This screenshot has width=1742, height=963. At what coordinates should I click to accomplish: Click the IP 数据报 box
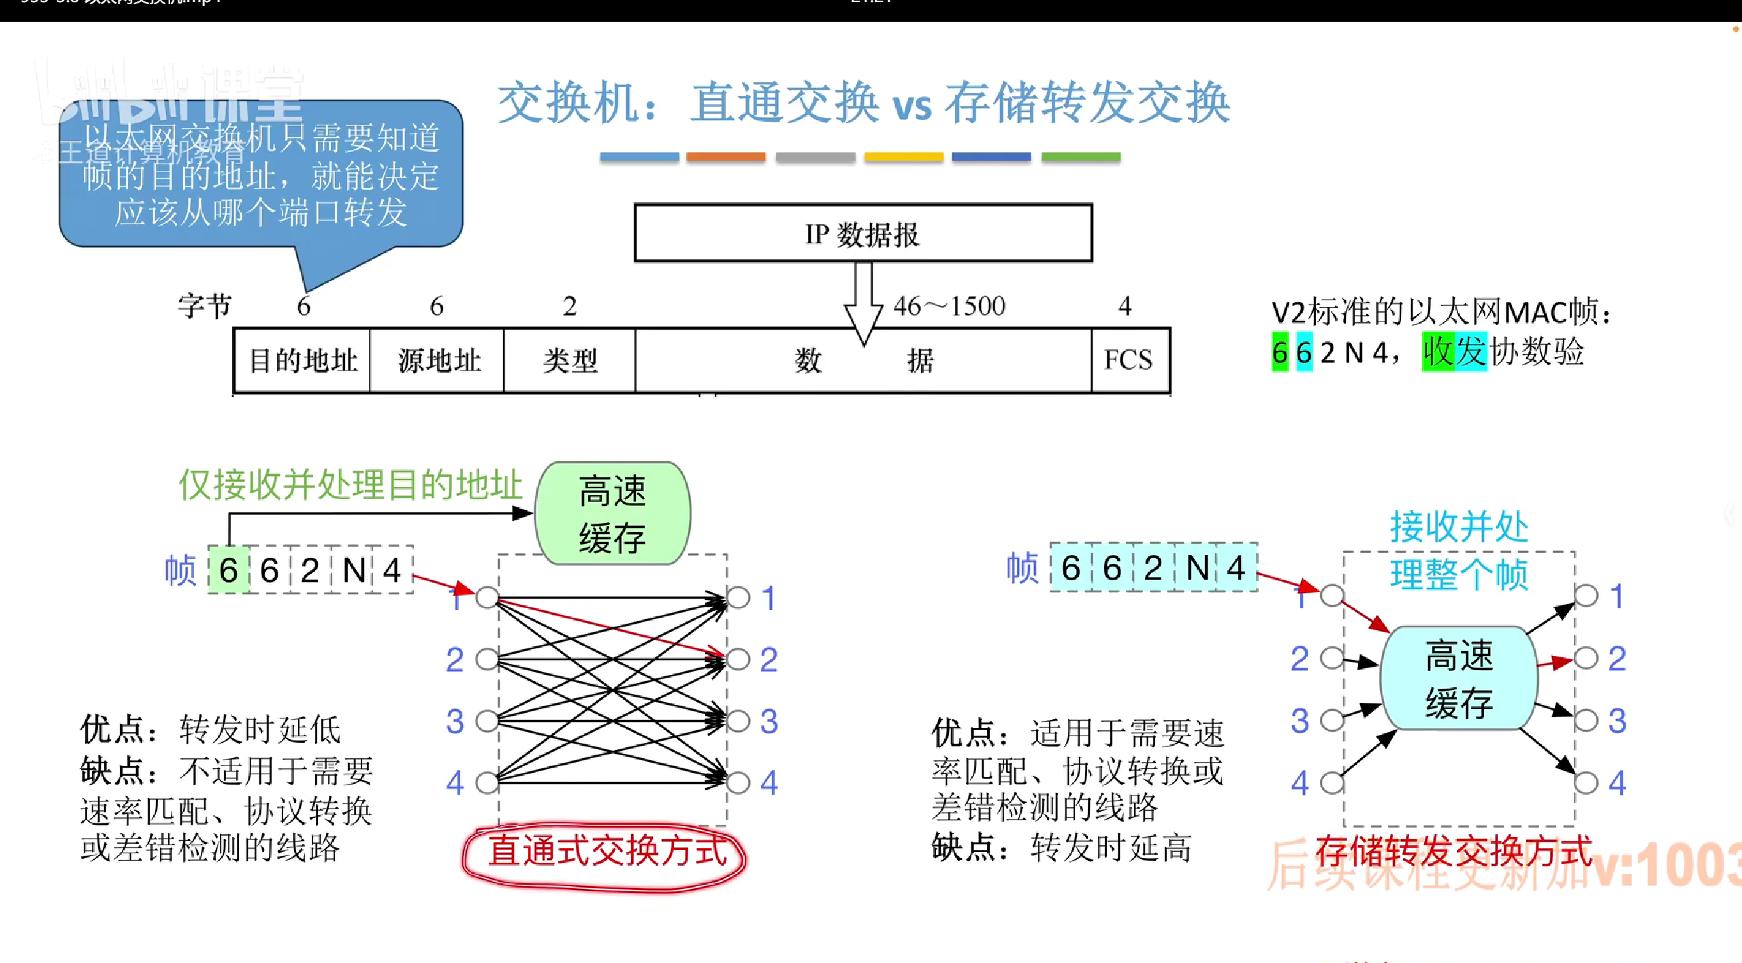(x=862, y=233)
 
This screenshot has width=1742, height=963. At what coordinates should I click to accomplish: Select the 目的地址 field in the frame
(x=302, y=360)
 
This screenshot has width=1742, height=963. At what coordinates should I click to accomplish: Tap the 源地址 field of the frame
(x=438, y=360)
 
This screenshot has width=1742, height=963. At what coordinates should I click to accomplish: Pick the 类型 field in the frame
(x=570, y=360)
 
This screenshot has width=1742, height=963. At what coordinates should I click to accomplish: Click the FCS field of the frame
(x=1128, y=360)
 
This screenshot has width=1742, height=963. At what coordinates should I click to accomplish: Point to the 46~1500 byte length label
(x=949, y=306)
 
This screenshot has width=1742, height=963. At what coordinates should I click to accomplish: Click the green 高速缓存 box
(x=612, y=514)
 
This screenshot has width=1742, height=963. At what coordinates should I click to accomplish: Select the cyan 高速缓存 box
(x=1458, y=678)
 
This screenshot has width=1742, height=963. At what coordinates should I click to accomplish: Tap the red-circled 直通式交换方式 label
(x=606, y=853)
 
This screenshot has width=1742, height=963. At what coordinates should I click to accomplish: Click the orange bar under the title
(x=726, y=157)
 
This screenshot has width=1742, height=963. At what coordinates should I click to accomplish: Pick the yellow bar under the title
(x=903, y=157)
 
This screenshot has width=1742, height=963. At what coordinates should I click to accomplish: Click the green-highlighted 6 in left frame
(x=229, y=570)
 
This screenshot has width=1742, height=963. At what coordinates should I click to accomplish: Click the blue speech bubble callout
(x=261, y=175)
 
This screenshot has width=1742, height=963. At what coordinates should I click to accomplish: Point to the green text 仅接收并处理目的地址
(x=350, y=485)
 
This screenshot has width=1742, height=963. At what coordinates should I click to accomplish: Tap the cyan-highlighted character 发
(x=1471, y=352)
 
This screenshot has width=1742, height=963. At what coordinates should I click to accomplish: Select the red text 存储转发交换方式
(x=1453, y=851)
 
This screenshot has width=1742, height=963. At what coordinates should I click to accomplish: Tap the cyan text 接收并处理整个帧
(x=1458, y=550)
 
